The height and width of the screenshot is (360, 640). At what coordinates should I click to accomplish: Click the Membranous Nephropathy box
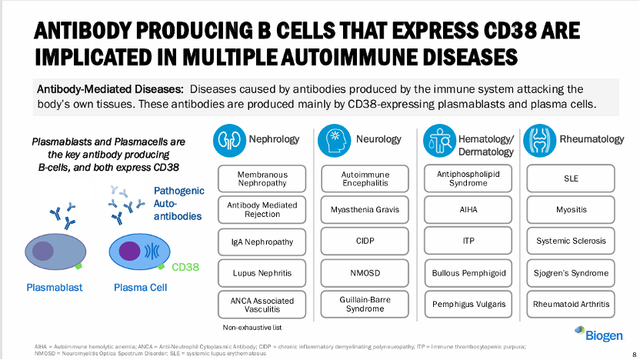(262, 179)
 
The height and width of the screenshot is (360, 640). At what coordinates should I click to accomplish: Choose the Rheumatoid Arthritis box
(571, 304)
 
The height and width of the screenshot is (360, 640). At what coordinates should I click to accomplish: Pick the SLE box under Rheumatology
(571, 178)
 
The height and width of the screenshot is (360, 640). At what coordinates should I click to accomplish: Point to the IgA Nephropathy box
(262, 242)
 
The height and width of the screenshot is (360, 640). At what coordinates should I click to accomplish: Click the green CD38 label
(185, 267)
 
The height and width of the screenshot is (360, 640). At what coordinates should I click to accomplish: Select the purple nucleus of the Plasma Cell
(129, 252)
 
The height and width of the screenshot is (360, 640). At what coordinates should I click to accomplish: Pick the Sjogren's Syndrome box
(571, 272)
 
